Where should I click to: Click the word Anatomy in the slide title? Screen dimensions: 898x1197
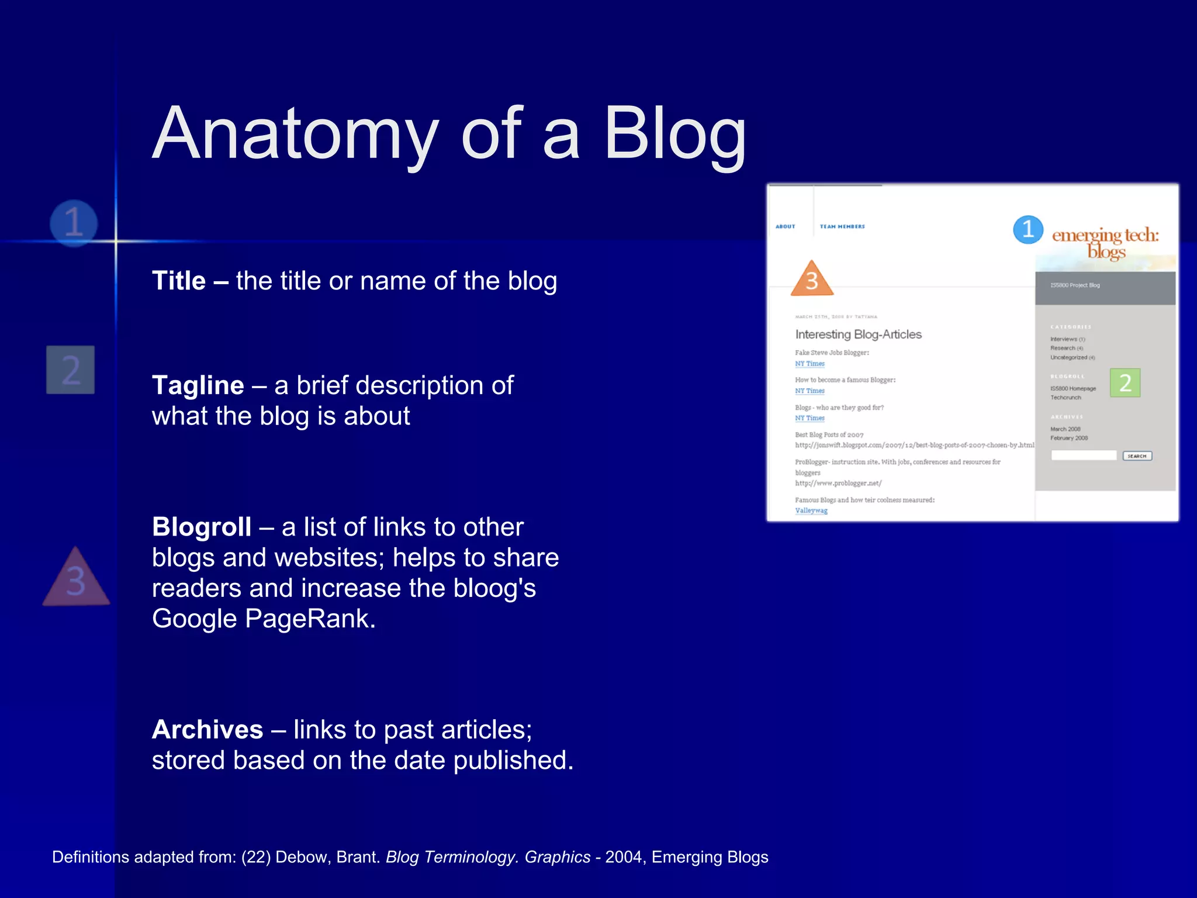coord(295,134)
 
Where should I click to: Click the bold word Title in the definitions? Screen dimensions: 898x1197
coord(179,281)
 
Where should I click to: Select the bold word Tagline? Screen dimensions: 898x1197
coord(198,386)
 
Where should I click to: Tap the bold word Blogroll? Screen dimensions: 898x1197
coord(202,527)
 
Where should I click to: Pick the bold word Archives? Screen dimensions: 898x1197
coord(207,730)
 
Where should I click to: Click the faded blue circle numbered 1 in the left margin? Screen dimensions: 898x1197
coord(74,223)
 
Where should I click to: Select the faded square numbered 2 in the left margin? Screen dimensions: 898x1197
coord(71,369)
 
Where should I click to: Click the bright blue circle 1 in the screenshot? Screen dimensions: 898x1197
coord(1028,229)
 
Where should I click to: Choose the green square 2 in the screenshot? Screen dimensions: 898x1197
coord(1125,383)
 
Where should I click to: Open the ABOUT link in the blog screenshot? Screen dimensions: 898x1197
coord(786,227)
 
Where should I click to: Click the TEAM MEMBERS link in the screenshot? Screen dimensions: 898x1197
coord(842,227)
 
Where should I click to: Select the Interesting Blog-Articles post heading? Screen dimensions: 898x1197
coord(858,334)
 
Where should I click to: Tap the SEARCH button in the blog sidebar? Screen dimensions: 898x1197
coord(1137,456)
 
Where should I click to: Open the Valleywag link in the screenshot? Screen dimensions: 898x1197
coord(811,511)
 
